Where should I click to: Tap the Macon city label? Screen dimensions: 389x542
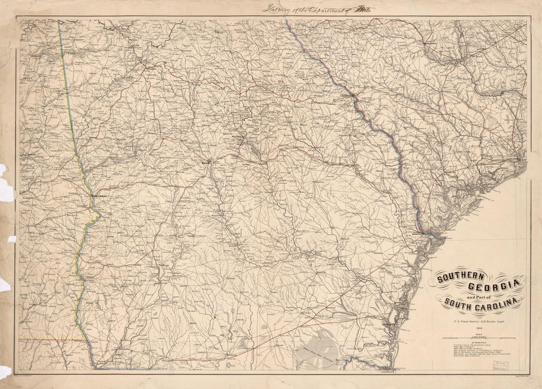tap(205, 162)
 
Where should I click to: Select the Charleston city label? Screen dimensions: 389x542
tap(514, 159)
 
